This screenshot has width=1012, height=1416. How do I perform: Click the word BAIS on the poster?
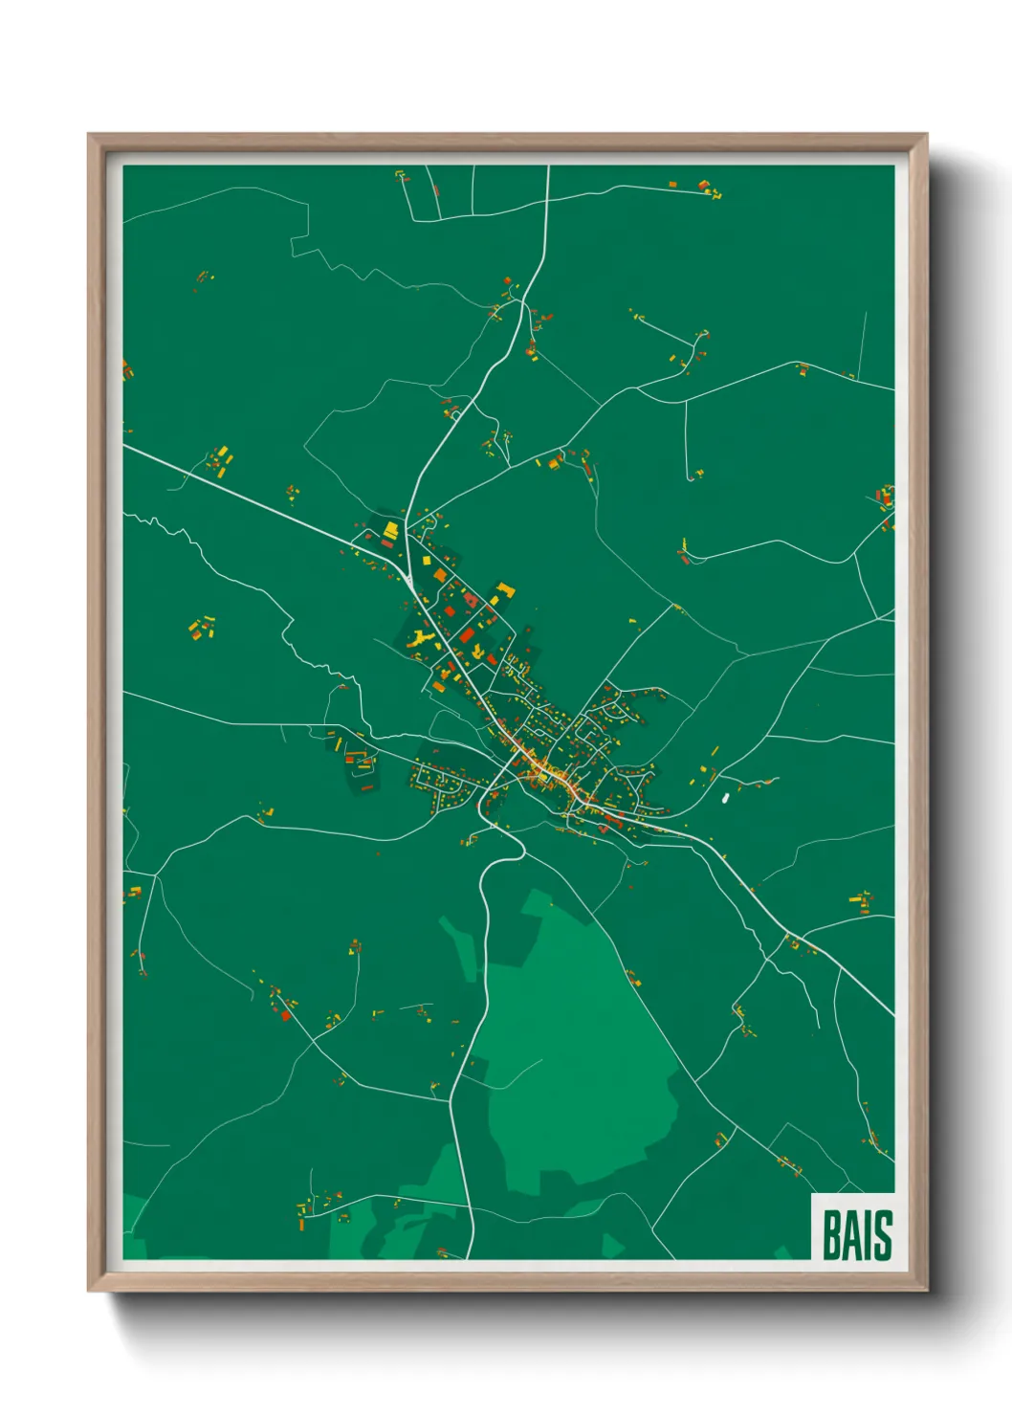[x=857, y=1235]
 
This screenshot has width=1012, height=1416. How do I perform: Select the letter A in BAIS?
[x=852, y=1235]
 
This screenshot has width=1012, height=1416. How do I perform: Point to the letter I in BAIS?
[x=868, y=1235]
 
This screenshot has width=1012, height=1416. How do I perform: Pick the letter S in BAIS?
[x=882, y=1235]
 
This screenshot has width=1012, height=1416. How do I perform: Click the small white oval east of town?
[x=725, y=795]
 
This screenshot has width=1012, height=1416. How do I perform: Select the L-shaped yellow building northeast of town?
[x=503, y=591]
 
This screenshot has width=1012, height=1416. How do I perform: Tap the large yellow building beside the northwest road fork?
[x=390, y=529]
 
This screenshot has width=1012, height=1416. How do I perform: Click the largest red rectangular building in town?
[x=467, y=635]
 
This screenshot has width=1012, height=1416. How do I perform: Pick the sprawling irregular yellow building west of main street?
[x=421, y=638]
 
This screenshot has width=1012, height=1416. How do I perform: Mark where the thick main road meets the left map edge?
[x=125, y=446]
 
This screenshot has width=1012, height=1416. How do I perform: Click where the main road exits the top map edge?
[x=549, y=167]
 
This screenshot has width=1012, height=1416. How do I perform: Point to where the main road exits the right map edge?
[x=892, y=1014]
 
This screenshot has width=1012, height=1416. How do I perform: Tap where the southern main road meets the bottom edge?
[x=472, y=1257]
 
